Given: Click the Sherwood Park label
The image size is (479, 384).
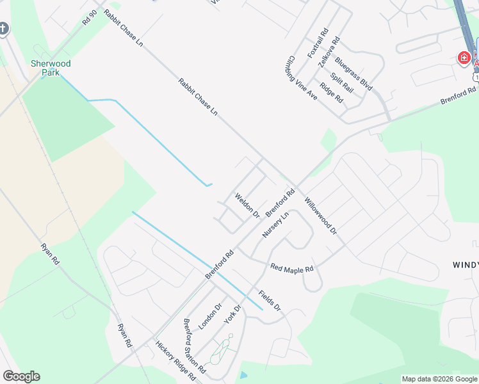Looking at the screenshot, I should point(51,68).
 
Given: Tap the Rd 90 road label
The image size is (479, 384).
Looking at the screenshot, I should point(90,17).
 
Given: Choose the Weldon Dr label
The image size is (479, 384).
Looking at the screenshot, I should point(247,205).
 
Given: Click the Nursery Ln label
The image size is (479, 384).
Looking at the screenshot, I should point(276,225).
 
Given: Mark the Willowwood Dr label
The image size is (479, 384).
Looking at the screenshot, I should point(321,215).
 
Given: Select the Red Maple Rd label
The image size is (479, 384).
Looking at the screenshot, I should point(291,268).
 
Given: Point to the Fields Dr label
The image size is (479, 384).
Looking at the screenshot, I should point(270,300).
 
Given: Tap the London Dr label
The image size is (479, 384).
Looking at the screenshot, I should point(209,316).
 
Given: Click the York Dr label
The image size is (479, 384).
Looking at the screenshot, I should point(232,314).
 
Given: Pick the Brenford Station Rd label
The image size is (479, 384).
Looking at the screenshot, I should point(194,346).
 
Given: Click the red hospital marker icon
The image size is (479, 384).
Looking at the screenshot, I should point(463,58).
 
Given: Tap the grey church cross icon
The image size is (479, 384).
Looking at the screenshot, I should point(4,29).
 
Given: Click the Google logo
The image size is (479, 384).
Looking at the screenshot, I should point(21,376).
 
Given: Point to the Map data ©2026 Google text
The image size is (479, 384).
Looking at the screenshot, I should point(439,379).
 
